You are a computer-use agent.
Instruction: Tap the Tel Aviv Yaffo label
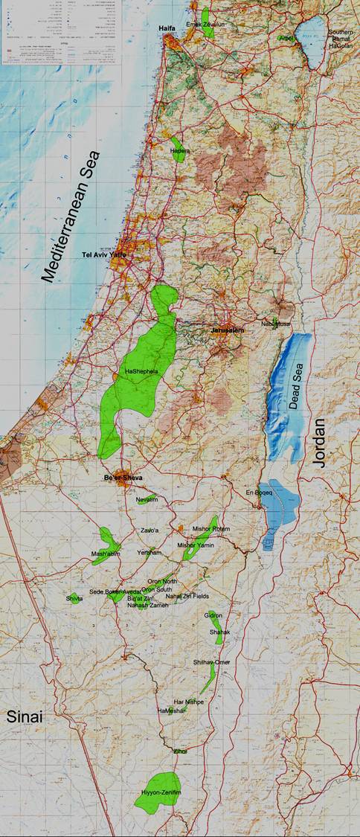103,255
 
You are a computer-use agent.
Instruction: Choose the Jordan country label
320,442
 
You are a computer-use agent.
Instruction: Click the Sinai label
25,717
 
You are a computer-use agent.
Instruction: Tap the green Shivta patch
75,598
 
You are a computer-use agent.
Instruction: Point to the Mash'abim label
106,554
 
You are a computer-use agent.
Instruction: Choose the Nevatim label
147,500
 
